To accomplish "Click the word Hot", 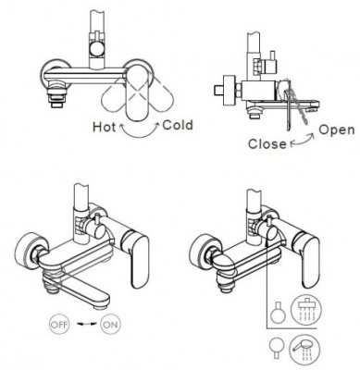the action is [105, 127].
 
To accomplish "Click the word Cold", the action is [178, 126].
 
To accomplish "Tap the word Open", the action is [337, 130].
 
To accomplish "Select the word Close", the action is [267, 144].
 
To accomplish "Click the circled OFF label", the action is [59, 324].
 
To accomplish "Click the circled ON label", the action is [110, 324].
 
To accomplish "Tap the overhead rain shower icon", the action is [306, 309].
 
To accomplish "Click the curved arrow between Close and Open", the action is [302, 142].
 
